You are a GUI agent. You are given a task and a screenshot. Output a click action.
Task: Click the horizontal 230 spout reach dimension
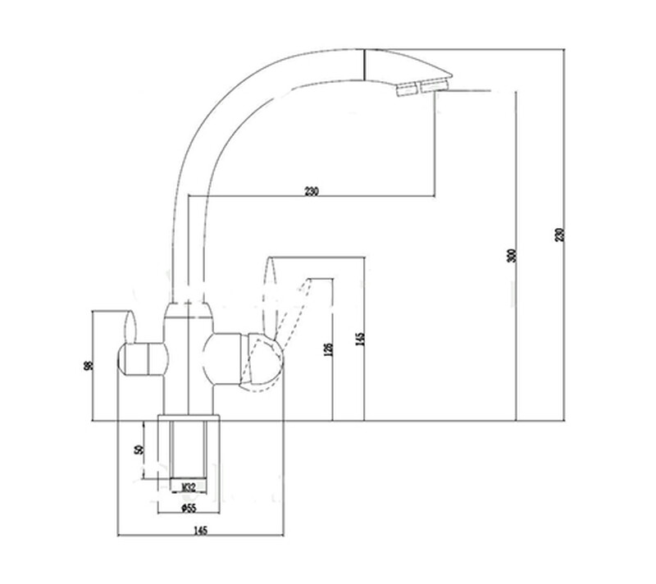(311, 191)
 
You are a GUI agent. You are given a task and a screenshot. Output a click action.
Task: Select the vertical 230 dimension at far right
(561, 234)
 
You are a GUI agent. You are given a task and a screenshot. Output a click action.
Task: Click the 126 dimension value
(329, 349)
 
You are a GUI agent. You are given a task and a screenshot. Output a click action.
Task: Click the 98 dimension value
(89, 365)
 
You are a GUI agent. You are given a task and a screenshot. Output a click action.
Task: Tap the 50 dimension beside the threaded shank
(139, 449)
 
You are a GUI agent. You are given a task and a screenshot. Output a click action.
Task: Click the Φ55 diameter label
(188, 509)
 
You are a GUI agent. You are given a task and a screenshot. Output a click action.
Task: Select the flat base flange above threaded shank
(189, 417)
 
